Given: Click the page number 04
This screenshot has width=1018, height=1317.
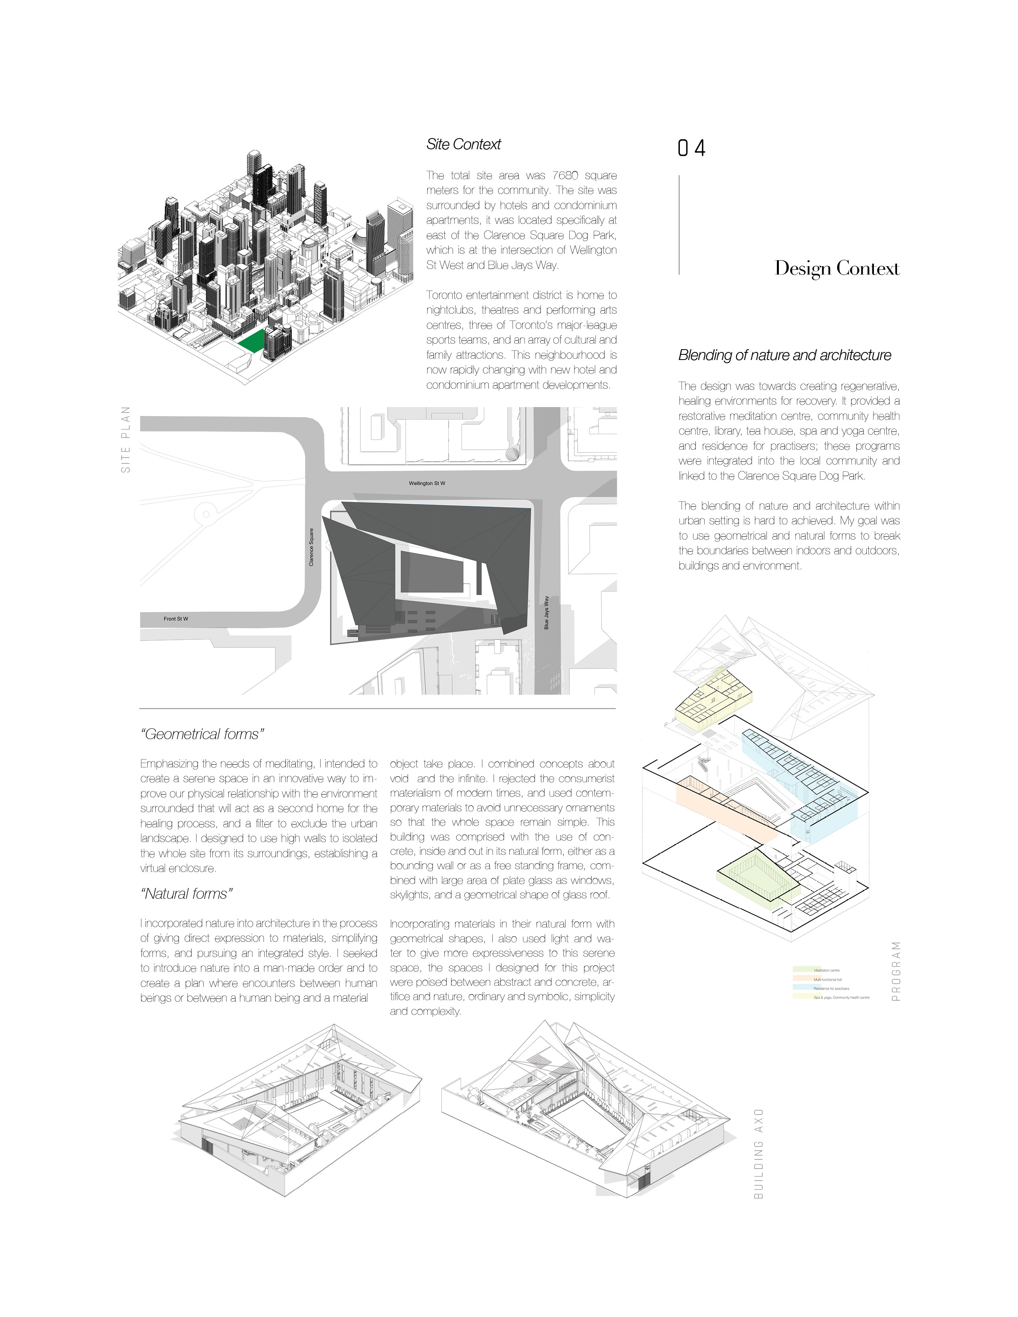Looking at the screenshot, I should coord(691,148).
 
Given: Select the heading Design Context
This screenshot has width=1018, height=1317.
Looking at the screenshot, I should coord(836,268).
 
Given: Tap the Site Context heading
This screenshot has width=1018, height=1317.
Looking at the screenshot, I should coord(463,144).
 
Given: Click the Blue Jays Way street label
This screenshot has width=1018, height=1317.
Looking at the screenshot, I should coord(547,613).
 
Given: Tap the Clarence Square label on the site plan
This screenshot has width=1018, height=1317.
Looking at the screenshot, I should coord(311,547).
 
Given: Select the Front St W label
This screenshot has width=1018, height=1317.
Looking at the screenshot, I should coord(176,619).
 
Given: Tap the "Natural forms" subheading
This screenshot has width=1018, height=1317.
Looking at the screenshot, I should coord(186,894).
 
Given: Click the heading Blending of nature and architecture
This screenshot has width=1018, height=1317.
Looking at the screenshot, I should coord(784,355).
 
